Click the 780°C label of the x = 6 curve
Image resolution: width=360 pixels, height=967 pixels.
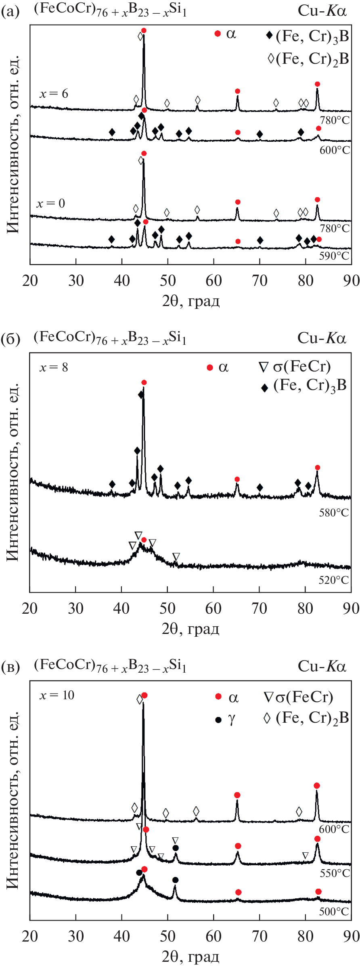coord(335,120)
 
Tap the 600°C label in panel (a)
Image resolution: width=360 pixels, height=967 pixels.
coord(335,150)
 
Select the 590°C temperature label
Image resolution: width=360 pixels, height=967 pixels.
coord(334,256)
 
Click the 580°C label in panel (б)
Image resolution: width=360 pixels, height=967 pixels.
coord(333,513)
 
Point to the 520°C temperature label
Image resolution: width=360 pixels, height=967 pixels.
coord(333,581)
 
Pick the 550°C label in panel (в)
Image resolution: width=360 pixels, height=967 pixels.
coord(335,873)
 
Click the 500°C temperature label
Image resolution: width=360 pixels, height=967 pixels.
coord(334,912)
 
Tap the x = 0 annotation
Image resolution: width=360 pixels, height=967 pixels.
coord(51,203)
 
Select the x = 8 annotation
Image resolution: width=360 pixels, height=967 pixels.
coord(54,367)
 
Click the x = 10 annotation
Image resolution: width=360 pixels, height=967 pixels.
coord(57,695)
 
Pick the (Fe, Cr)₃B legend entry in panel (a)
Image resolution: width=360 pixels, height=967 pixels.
coord(308,36)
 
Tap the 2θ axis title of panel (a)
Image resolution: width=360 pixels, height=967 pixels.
coord(190,301)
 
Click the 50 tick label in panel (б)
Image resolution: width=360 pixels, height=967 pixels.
coord(167,608)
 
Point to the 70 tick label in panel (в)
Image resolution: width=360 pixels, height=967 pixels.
coord(260,937)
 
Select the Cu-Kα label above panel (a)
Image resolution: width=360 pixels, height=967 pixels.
coord(322,11)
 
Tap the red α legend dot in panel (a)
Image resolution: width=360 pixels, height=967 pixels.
coord(218,34)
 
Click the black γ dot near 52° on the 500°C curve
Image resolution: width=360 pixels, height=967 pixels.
coord(175,880)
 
